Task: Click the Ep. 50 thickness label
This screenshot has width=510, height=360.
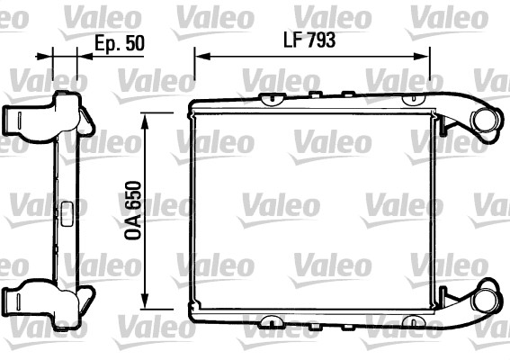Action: pos(120,43)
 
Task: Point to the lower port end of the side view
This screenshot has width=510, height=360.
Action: pos(18,298)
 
